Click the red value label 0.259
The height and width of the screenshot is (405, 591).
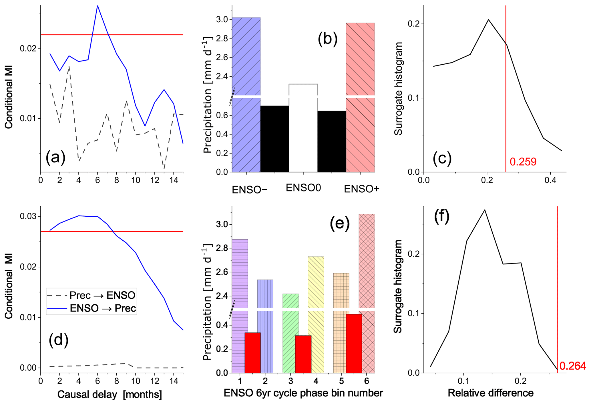523,162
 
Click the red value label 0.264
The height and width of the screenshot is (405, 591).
572,366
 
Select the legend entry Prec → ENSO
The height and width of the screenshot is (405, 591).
91,295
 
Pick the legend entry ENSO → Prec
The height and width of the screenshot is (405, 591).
91,308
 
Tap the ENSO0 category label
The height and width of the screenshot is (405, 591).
303,188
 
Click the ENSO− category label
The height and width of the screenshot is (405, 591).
249,190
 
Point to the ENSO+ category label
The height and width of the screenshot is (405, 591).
361,189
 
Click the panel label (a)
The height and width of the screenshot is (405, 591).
55,157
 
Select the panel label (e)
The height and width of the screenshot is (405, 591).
340,223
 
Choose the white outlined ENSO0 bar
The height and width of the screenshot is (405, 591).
303,129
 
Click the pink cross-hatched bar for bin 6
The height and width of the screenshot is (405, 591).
367,257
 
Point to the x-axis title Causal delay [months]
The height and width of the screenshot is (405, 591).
110,394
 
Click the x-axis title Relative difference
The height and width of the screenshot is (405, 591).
490,393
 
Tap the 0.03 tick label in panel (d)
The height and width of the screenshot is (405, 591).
28,216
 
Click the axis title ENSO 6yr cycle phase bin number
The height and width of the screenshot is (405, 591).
303,393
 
